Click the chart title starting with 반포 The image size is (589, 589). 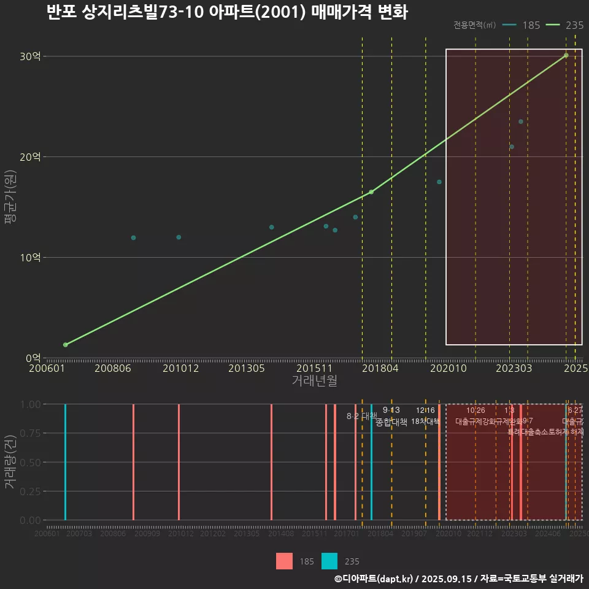(x=227, y=12)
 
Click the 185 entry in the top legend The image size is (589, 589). (x=531, y=25)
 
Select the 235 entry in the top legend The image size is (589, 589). (x=574, y=25)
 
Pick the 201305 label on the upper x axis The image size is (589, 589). (x=246, y=369)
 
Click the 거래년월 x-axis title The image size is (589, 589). (x=314, y=381)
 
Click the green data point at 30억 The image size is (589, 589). (x=566, y=55)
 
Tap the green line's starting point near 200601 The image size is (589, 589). (x=65, y=345)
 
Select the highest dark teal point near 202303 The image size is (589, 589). (x=521, y=121)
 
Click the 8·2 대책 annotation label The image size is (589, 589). (x=362, y=416)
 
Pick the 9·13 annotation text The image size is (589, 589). (x=391, y=410)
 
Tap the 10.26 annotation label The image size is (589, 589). (x=475, y=410)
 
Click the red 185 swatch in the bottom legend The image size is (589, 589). (x=285, y=561)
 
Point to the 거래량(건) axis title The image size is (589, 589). (x=10, y=462)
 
